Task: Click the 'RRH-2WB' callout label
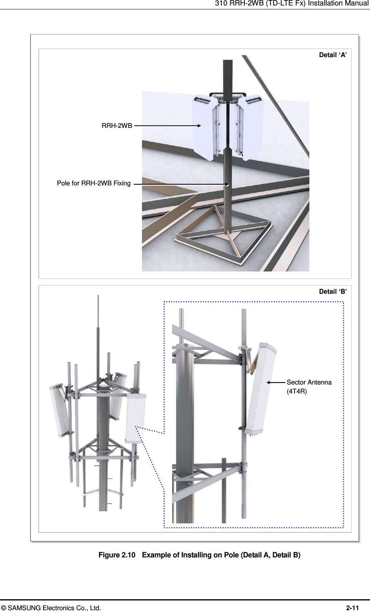pos(117,126)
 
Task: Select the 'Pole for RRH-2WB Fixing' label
pos(94,183)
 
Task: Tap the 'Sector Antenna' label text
pos(309,383)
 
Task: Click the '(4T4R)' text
pos(296,392)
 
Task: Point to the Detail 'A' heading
pos(333,55)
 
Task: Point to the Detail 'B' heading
pos(333,291)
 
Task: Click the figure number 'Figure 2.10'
pos(117,555)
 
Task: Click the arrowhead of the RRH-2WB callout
pos(199,126)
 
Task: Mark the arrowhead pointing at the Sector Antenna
pos(268,383)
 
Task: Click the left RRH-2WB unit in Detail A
pos(205,127)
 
